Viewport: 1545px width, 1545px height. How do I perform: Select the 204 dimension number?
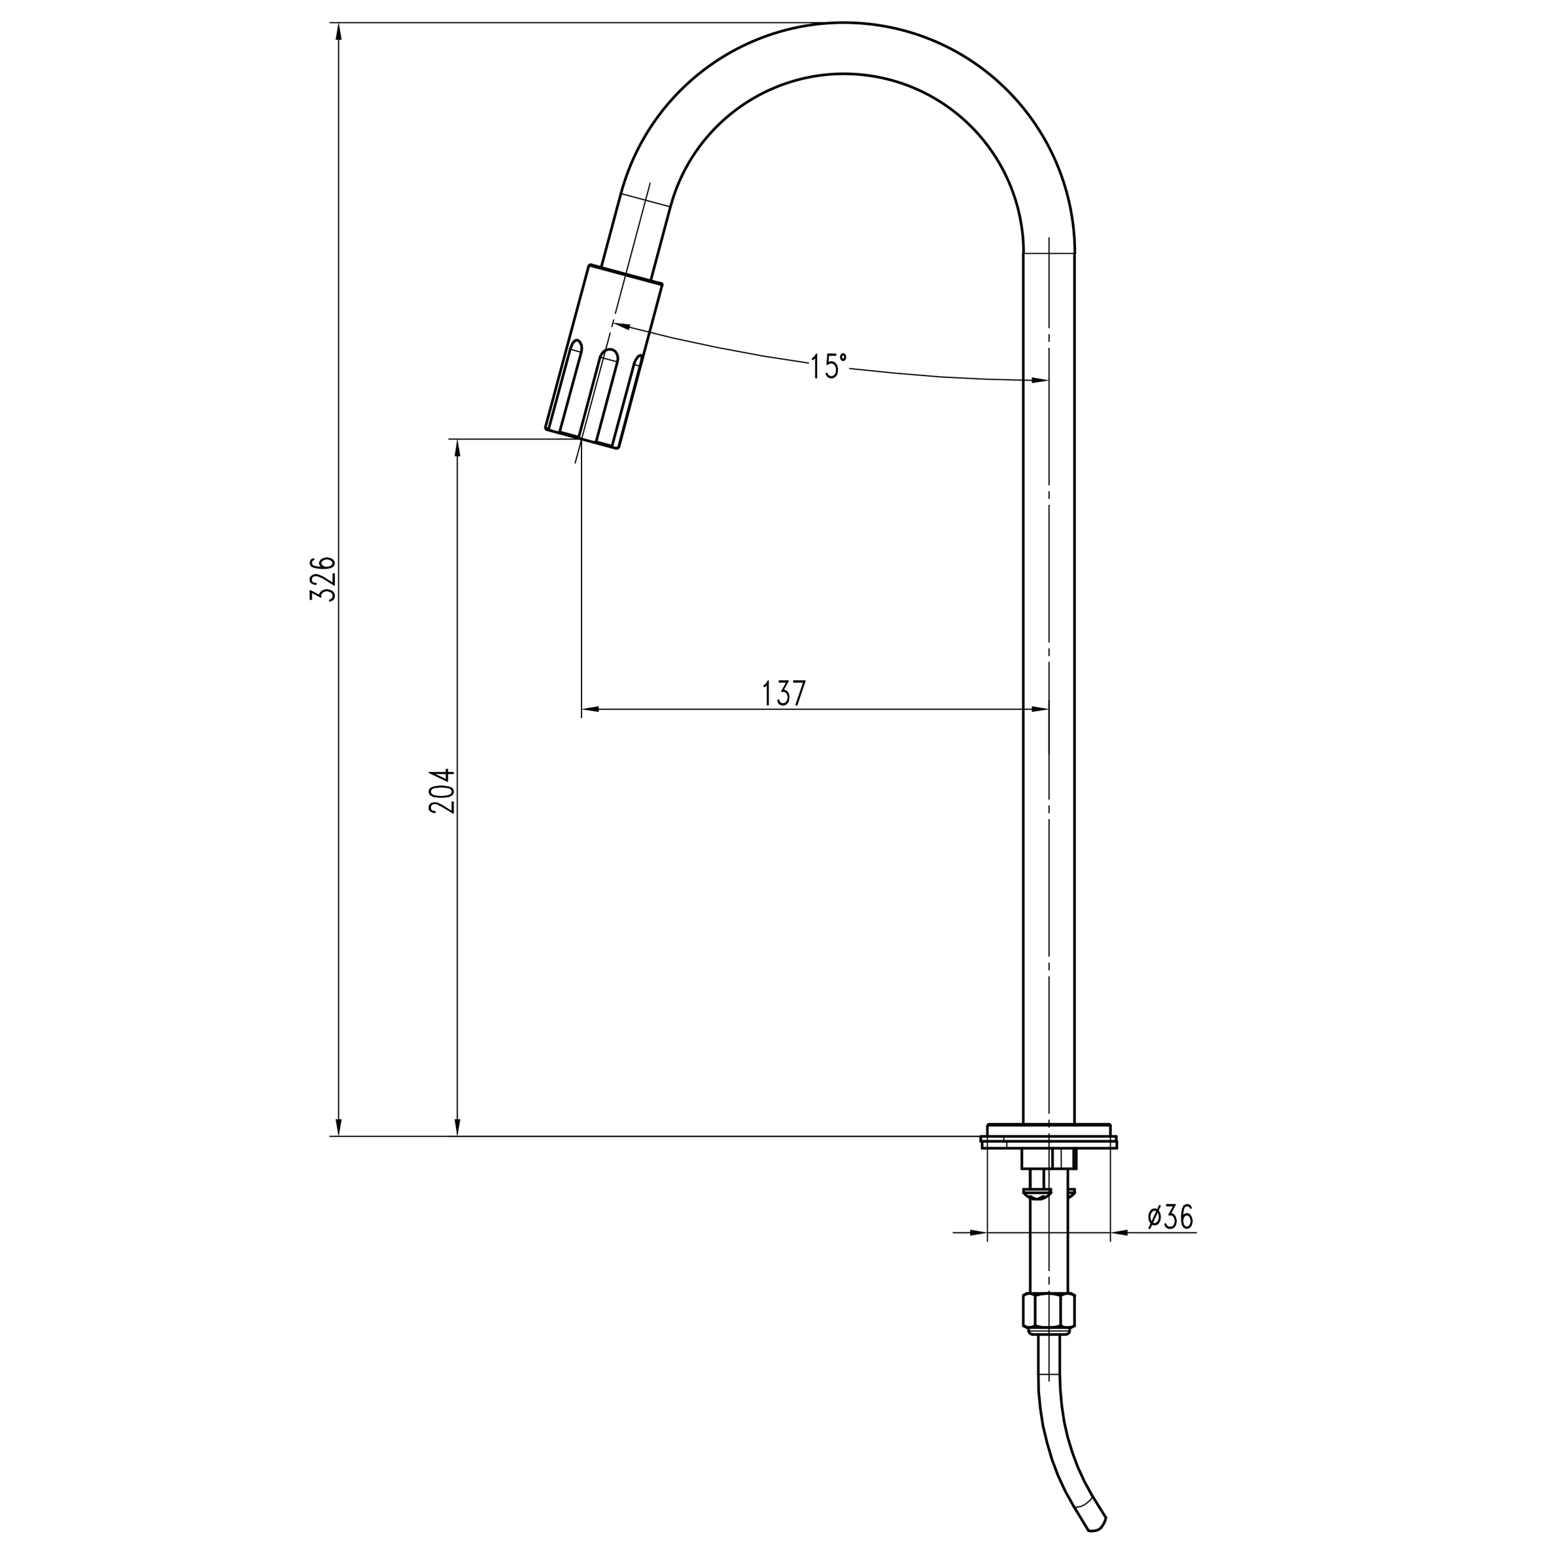(442, 791)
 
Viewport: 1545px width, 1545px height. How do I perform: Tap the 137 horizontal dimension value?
(784, 693)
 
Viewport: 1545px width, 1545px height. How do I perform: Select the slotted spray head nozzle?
(604, 356)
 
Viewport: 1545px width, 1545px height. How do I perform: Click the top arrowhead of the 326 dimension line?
(338, 32)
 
